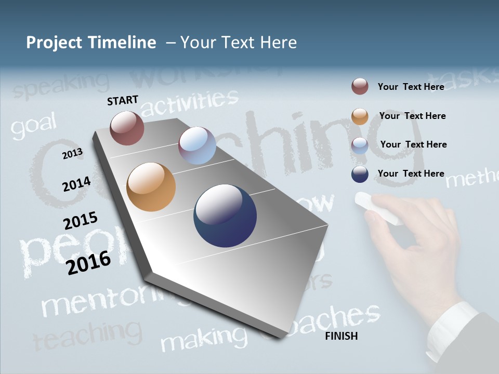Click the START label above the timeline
[x=123, y=100]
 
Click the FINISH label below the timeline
[x=342, y=336]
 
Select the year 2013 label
[x=72, y=153]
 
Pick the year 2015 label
[x=81, y=221]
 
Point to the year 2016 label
[x=89, y=262]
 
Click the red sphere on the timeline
[x=127, y=128]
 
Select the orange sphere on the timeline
[x=151, y=187]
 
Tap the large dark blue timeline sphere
[x=225, y=216]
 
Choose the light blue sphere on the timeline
[x=197, y=145]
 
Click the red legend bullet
[x=360, y=87]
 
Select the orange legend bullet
[x=360, y=116]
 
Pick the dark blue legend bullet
[x=360, y=175]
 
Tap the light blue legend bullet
[x=360, y=145]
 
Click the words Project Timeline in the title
[x=91, y=43]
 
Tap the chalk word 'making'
[x=203, y=340]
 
